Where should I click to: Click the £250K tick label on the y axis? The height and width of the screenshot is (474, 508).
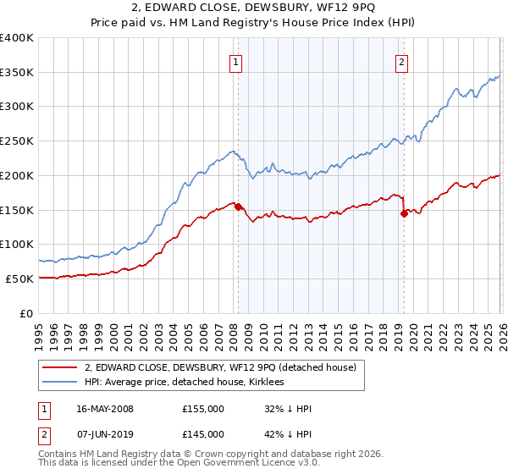coord(17,141)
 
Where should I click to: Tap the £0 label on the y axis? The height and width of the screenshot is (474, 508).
coord(27,313)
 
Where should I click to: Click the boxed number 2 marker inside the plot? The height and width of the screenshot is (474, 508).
coord(400,61)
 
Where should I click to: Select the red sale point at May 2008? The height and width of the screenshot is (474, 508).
coord(238,207)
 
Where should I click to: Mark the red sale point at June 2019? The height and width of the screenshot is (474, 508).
coord(404,213)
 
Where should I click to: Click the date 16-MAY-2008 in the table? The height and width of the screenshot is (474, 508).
coord(105,409)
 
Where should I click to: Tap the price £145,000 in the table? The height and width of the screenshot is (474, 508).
coord(203,434)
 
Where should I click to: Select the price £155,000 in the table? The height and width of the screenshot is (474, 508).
coord(203,409)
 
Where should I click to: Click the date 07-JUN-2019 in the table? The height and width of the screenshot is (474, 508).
coord(105,434)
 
